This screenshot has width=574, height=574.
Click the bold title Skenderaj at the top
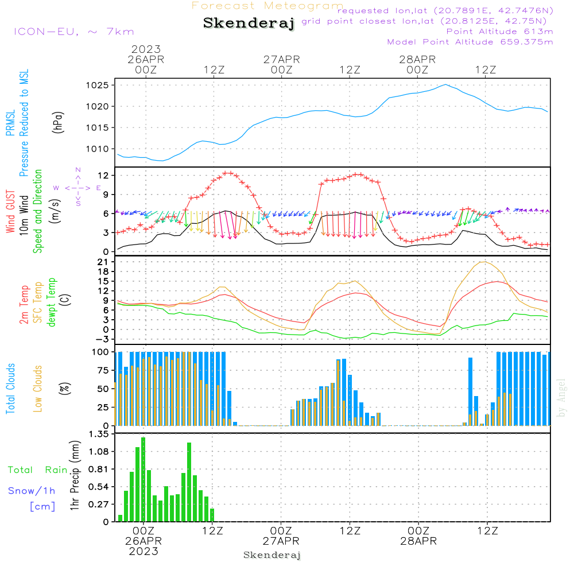tap(249, 24)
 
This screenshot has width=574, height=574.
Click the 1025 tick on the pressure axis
tap(98, 86)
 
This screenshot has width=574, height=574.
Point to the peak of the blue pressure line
tap(445, 84)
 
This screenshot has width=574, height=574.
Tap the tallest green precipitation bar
tap(143, 479)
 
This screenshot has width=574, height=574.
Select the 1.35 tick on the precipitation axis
tap(99, 434)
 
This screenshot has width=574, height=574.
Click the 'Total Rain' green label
tap(38, 470)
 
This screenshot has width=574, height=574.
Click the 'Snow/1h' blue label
tap(32, 491)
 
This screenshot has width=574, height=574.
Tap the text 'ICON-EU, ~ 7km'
tap(74, 32)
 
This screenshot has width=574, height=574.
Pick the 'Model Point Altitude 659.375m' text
tap(470, 42)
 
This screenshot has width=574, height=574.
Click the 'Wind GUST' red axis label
tap(10, 212)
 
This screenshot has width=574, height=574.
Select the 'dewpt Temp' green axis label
tap(51, 302)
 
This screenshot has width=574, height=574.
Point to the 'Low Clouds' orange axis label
tap(37, 389)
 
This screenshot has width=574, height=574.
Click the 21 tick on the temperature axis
tap(103, 262)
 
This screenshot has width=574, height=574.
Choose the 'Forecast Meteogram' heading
tap(267, 6)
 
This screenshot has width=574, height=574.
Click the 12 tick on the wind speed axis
tap(103, 176)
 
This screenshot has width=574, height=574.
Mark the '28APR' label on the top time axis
tap(417, 60)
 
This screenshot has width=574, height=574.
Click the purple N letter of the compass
tap(78, 170)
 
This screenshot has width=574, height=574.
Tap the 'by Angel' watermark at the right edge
tap(561, 398)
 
